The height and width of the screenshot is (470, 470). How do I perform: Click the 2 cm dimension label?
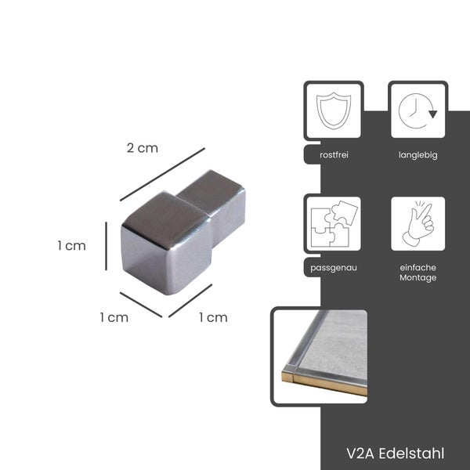tap(142, 148)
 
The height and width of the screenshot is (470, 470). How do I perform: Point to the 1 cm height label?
tap(71, 246)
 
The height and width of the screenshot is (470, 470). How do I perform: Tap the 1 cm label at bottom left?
tap(114, 317)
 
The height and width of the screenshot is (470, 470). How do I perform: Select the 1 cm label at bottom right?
tap(213, 317)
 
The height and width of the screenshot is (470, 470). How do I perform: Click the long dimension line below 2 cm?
tap(162, 174)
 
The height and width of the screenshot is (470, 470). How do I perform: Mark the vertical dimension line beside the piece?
tap(106, 246)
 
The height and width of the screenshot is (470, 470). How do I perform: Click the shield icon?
tap(334, 111)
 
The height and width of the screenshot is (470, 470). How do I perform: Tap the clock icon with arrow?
tap(418, 111)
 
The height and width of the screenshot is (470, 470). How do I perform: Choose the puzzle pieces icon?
tap(334, 223)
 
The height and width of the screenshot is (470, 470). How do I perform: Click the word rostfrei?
tap(334, 155)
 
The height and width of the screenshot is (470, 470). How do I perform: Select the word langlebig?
tap(418, 155)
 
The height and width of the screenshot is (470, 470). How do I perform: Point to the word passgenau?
tap(334, 268)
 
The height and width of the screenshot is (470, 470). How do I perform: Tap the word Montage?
tap(418, 278)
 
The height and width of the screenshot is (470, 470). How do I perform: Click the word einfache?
tap(418, 267)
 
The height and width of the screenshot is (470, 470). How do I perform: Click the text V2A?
tap(360, 454)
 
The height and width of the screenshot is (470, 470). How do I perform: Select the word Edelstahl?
tap(411, 454)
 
